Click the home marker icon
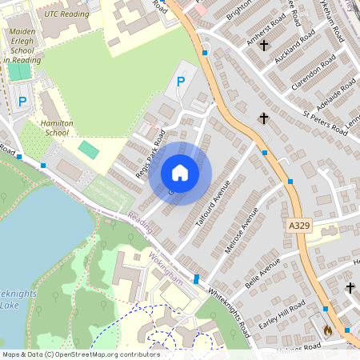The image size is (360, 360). point(180,173)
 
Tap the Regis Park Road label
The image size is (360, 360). point(150,150)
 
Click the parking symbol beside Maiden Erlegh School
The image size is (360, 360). point(22,102)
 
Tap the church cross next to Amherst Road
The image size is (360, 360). point(264,46)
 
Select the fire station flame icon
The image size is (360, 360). point(327,329)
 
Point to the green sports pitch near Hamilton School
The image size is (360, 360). point(89,149)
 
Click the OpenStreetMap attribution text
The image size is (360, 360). point(81,354)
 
